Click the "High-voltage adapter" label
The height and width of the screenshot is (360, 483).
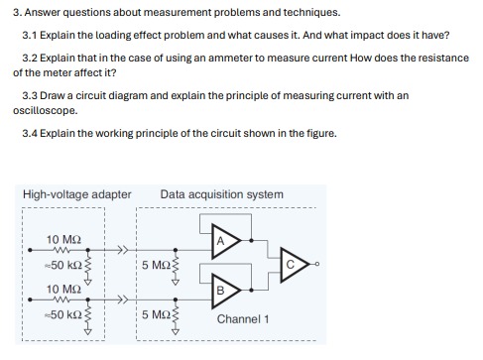[x=76, y=194]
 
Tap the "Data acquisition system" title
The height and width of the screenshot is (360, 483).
[x=221, y=194]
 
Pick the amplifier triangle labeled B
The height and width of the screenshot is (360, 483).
[x=221, y=288]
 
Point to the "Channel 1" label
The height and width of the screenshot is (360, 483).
[x=243, y=319]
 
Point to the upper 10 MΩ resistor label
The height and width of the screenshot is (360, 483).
[x=64, y=240]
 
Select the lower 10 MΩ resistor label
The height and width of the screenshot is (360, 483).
[x=64, y=289]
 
